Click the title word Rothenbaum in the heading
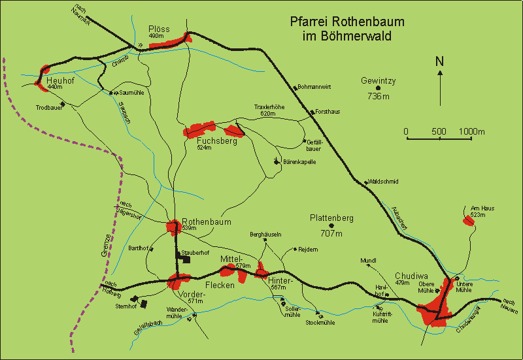coord(373,22)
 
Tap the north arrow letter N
coord(440,62)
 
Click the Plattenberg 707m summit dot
coord(331,226)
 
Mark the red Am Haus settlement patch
coord(468,220)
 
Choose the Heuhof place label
coord(59,80)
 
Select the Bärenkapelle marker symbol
coord(277,161)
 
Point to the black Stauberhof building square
coord(186,259)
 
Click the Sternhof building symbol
coord(143,304)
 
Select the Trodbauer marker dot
coord(63,104)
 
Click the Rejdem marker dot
coord(295,249)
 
